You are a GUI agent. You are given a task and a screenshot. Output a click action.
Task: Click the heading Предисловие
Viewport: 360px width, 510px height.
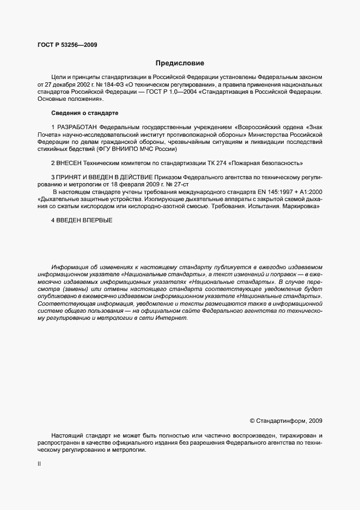tap(180, 63)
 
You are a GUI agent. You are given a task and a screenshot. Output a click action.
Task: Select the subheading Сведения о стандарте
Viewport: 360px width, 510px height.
tap(84, 113)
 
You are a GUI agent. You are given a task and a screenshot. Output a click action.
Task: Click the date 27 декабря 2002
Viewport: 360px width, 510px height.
tap(65, 85)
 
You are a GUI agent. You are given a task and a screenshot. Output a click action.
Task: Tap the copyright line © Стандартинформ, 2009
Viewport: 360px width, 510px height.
tap(285, 421)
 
